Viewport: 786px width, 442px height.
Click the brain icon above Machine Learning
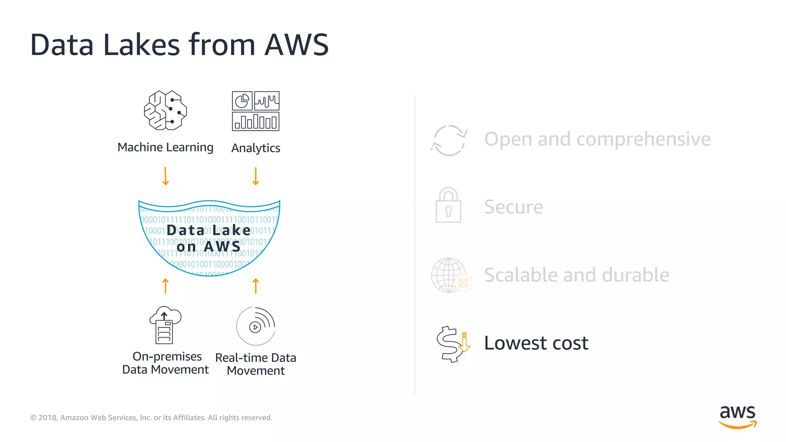pyautogui.click(x=165, y=110)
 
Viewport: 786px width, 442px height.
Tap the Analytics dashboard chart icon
pyautogui.click(x=256, y=111)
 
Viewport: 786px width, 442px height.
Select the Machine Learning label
pyautogui.click(x=165, y=147)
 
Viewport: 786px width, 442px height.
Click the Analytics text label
pyautogui.click(x=256, y=148)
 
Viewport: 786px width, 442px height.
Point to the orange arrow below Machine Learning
pyautogui.click(x=165, y=176)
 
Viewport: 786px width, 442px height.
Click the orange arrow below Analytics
pyautogui.click(x=256, y=176)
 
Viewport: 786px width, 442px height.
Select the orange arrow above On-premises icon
pyautogui.click(x=165, y=286)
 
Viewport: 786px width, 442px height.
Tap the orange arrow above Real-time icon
pyautogui.click(x=256, y=286)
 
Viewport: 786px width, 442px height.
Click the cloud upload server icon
pyautogui.click(x=165, y=325)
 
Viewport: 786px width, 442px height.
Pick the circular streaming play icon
pyautogui.click(x=256, y=326)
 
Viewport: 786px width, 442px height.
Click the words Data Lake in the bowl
pyautogui.click(x=208, y=230)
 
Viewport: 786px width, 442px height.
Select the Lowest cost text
pyautogui.click(x=536, y=343)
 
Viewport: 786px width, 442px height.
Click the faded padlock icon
pyautogui.click(x=448, y=205)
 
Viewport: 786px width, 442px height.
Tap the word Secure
pyautogui.click(x=514, y=207)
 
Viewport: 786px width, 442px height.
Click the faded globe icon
pyautogui.click(x=449, y=275)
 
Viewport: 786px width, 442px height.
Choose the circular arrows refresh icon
pyautogui.click(x=449, y=140)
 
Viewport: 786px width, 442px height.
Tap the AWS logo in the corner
pyautogui.click(x=737, y=417)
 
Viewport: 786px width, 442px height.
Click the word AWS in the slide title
pyautogui.click(x=296, y=45)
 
